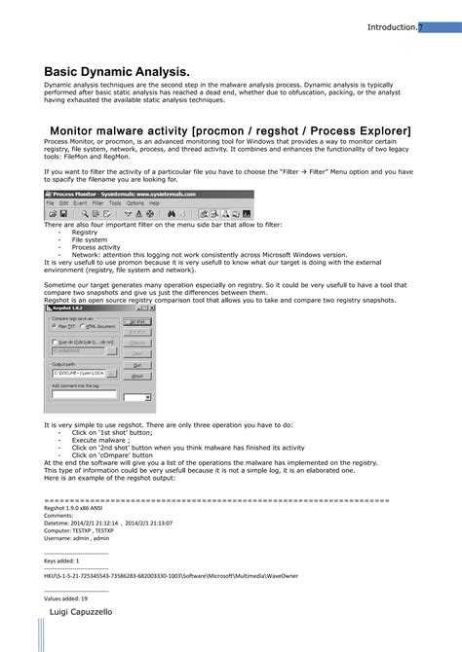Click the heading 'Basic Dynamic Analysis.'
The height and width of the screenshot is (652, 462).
tap(116, 72)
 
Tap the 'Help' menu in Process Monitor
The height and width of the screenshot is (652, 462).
tap(167, 202)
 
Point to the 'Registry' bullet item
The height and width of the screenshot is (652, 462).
tap(85, 233)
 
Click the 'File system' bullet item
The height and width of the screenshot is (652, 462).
tap(90, 240)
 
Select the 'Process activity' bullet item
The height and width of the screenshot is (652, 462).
tap(96, 247)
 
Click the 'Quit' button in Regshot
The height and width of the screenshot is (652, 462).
tap(137, 366)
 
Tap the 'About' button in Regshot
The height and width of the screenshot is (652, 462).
tap(137, 376)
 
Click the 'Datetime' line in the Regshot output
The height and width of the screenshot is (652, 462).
tap(108, 523)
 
